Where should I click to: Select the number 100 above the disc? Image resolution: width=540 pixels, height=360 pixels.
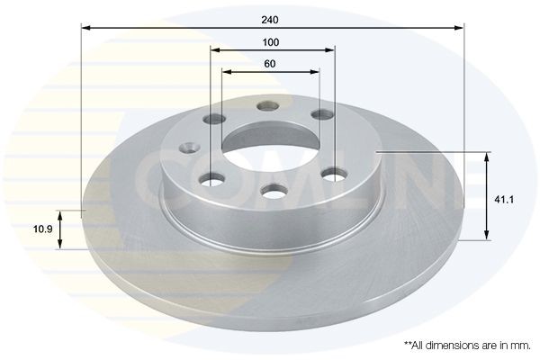pyautogui.click(x=271, y=42)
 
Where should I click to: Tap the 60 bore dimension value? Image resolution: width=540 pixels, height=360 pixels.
pyautogui.click(x=271, y=63)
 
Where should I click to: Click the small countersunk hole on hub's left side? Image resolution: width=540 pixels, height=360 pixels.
pyautogui.click(x=188, y=148)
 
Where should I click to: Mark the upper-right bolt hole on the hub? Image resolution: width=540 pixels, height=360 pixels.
pyautogui.click(x=319, y=115)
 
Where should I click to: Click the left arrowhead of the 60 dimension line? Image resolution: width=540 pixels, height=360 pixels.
pyautogui.click(x=225, y=71)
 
